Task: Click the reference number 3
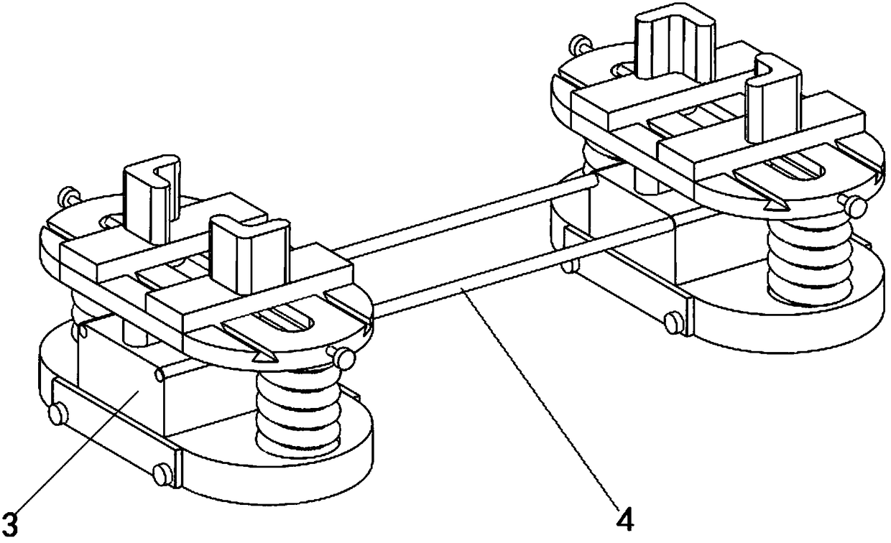(9, 519)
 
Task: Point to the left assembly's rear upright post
(148, 188)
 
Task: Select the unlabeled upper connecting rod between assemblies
(467, 215)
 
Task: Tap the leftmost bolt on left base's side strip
(55, 413)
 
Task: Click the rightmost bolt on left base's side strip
(162, 473)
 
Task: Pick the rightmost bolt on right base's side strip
(675, 322)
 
